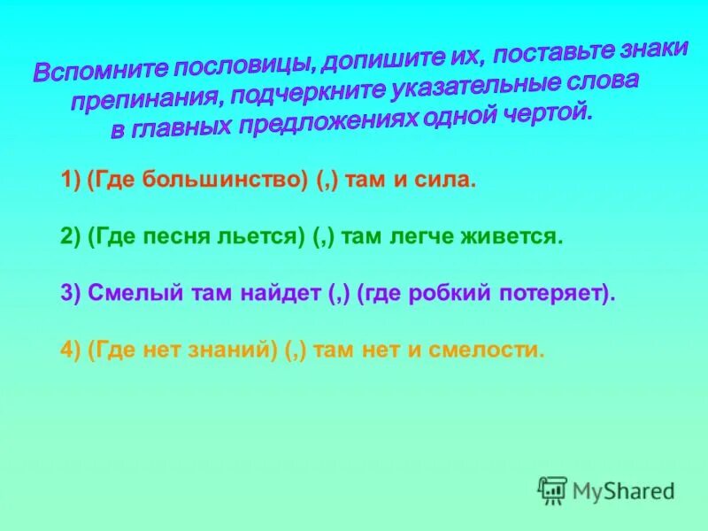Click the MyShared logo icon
[552, 489]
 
